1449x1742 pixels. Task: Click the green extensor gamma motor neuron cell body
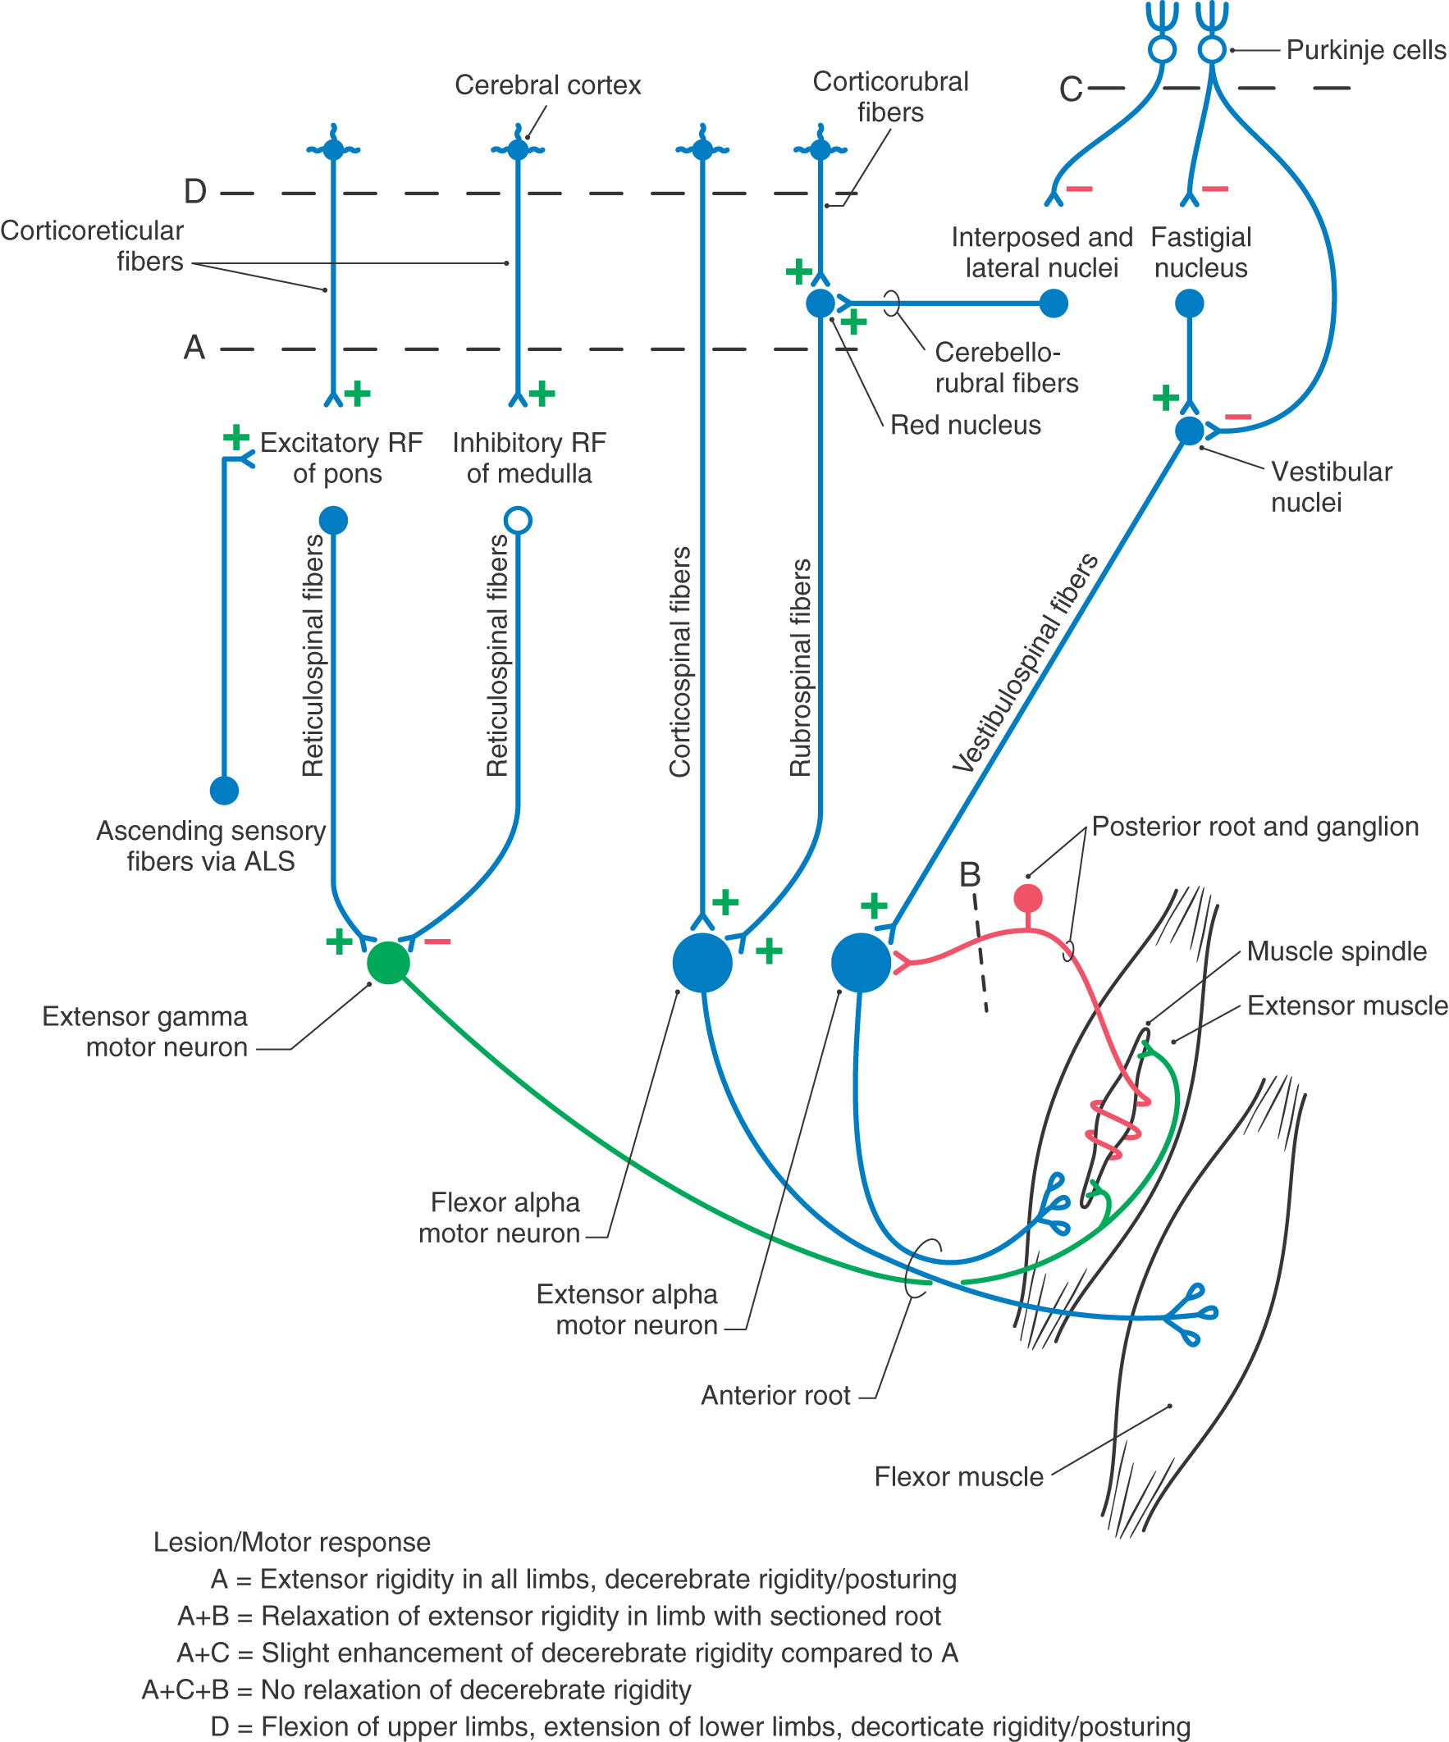click(x=388, y=962)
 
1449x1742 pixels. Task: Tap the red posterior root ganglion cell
click(x=1028, y=898)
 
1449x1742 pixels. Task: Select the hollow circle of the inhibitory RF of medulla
click(x=518, y=520)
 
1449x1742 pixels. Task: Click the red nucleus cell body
click(x=820, y=303)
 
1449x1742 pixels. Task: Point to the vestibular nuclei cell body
click(x=1189, y=431)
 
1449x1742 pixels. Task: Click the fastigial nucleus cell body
click(x=1189, y=303)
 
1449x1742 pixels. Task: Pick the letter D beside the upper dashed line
click(x=195, y=193)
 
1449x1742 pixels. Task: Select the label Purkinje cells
click(x=1366, y=51)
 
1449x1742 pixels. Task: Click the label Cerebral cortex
click(x=548, y=85)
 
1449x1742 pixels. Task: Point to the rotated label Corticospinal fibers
click(x=680, y=662)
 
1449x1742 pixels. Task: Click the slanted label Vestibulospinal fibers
click(x=1026, y=664)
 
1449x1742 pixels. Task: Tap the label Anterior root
click(x=775, y=1396)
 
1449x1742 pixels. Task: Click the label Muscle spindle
click(x=1336, y=951)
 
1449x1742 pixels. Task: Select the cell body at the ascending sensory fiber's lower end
click(x=224, y=791)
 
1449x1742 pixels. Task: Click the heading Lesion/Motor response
click(x=291, y=1542)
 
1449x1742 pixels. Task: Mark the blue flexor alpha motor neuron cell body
click(x=702, y=962)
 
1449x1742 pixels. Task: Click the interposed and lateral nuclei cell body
click(x=1054, y=303)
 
